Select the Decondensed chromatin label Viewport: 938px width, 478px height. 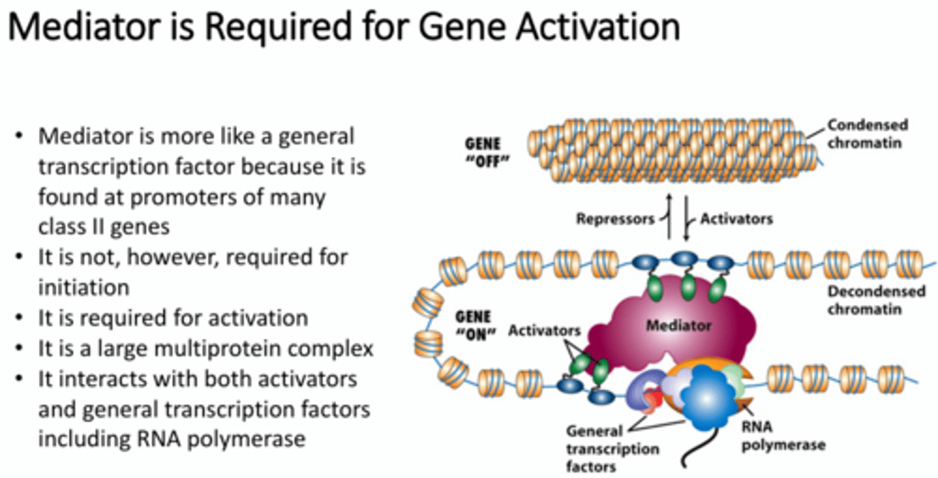[x=876, y=300]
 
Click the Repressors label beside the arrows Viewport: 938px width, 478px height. [x=615, y=219]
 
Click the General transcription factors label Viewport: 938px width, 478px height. [x=612, y=449]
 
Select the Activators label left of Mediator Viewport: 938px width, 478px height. [x=544, y=330]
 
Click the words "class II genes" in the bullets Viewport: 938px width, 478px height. [x=104, y=226]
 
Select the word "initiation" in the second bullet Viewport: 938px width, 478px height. [x=83, y=287]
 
